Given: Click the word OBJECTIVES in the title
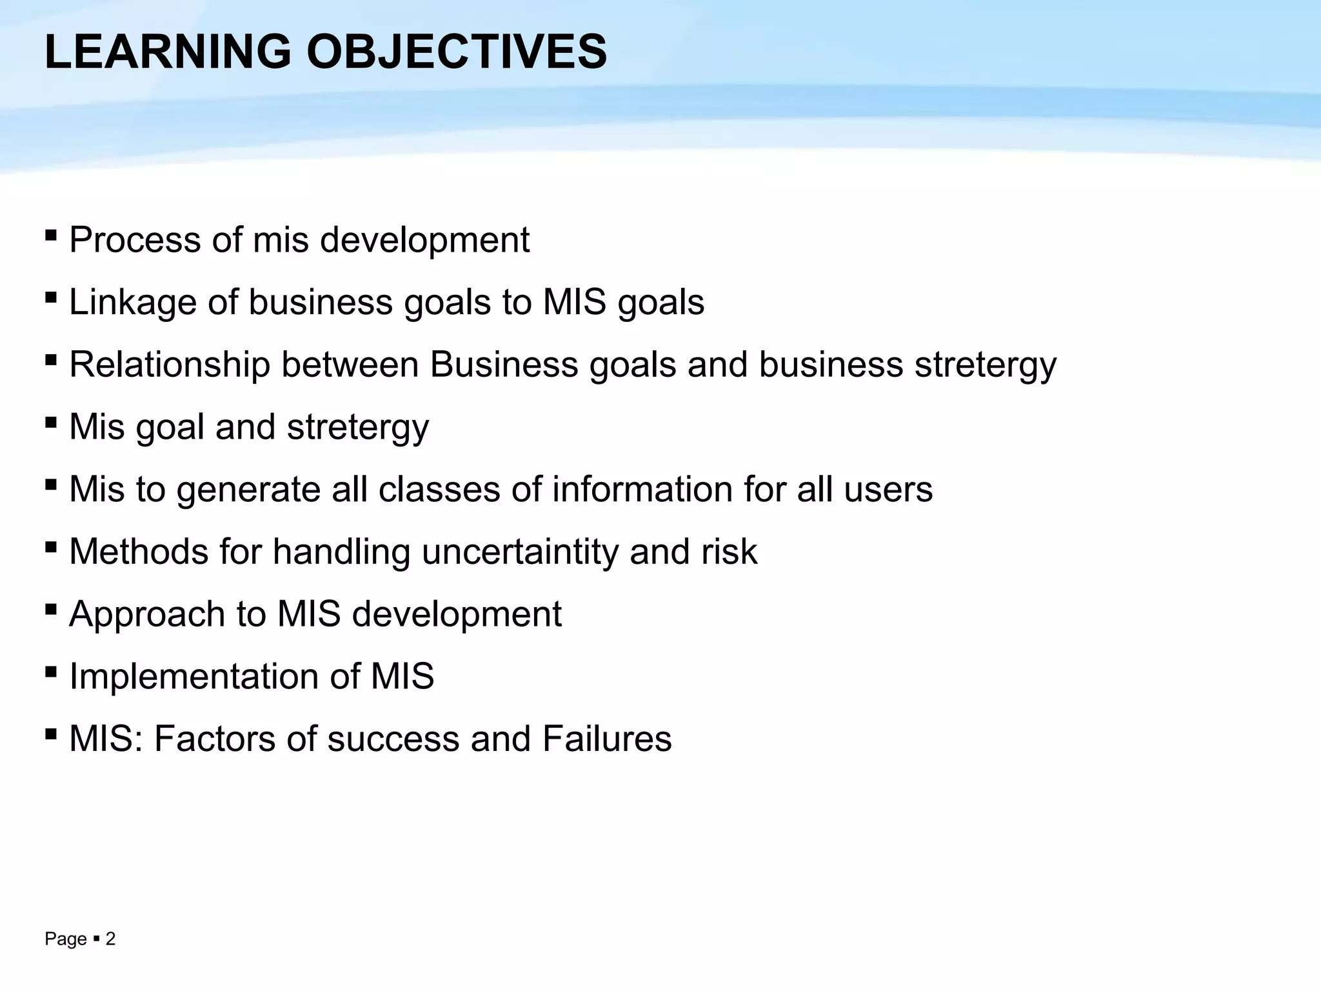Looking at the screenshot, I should point(456,52).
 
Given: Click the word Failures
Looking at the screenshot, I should point(607,739).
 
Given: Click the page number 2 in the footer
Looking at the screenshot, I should point(110,939).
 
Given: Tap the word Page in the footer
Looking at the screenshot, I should point(66,939).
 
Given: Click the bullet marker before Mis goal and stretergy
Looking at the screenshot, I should point(51,422).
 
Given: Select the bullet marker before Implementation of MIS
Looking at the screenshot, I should point(51,672).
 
